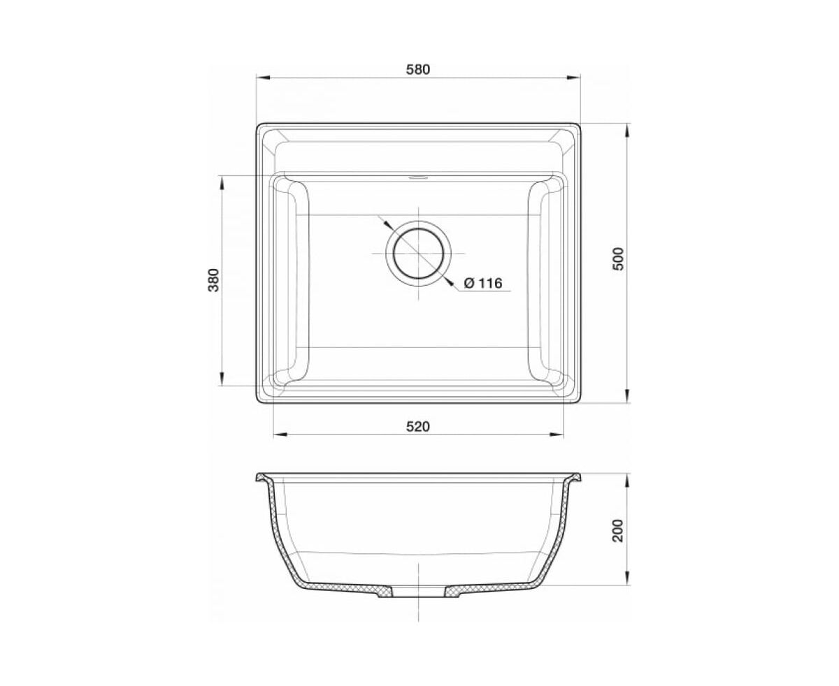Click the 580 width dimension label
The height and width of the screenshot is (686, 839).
coord(417,70)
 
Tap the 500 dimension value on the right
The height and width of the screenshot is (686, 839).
coord(619,258)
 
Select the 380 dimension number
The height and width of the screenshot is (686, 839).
coord(214,280)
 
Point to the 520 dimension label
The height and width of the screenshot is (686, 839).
coord(417,426)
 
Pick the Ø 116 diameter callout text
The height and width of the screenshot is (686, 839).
coord(483,283)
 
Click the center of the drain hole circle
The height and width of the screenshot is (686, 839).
coord(418,253)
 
